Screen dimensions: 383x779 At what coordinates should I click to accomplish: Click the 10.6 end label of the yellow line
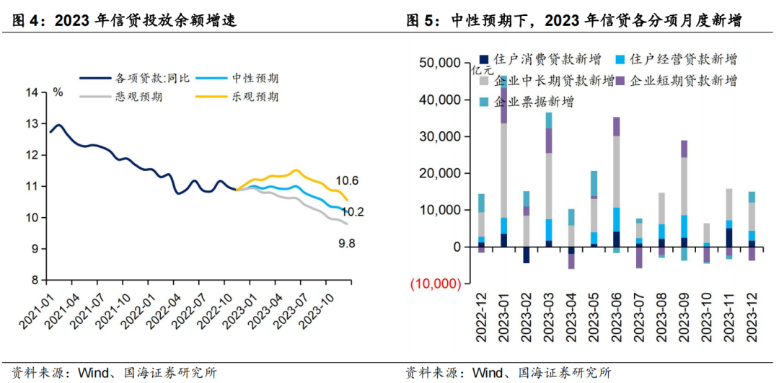click(x=347, y=180)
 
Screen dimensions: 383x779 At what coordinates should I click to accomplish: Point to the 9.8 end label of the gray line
click(x=347, y=245)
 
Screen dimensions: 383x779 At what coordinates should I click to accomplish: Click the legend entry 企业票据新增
click(x=534, y=102)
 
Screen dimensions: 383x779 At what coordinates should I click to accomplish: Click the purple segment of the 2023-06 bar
click(x=616, y=126)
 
